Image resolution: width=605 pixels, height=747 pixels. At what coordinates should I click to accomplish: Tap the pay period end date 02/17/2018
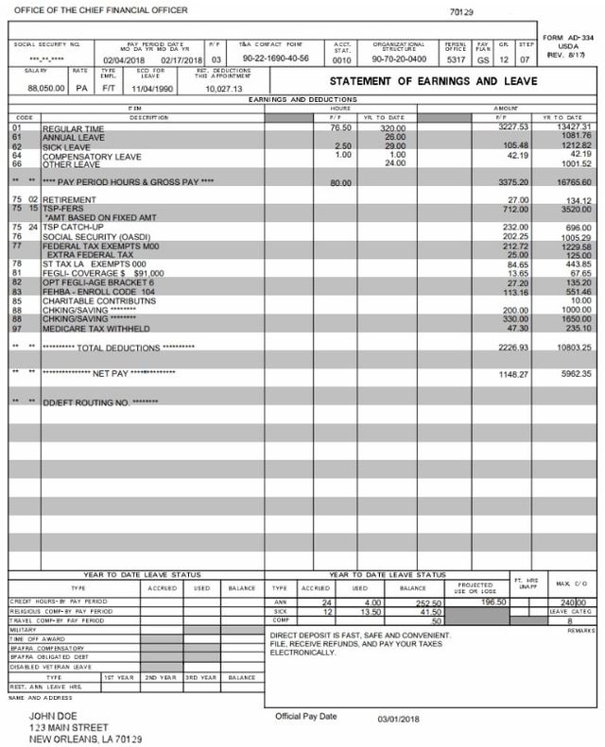[x=181, y=58]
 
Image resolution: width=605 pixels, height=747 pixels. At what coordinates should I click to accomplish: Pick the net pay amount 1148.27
[x=512, y=373]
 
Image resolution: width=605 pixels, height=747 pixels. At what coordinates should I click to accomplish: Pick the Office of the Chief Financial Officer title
[x=83, y=9]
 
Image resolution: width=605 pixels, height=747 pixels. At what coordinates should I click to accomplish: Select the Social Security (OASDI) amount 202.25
[x=512, y=237]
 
